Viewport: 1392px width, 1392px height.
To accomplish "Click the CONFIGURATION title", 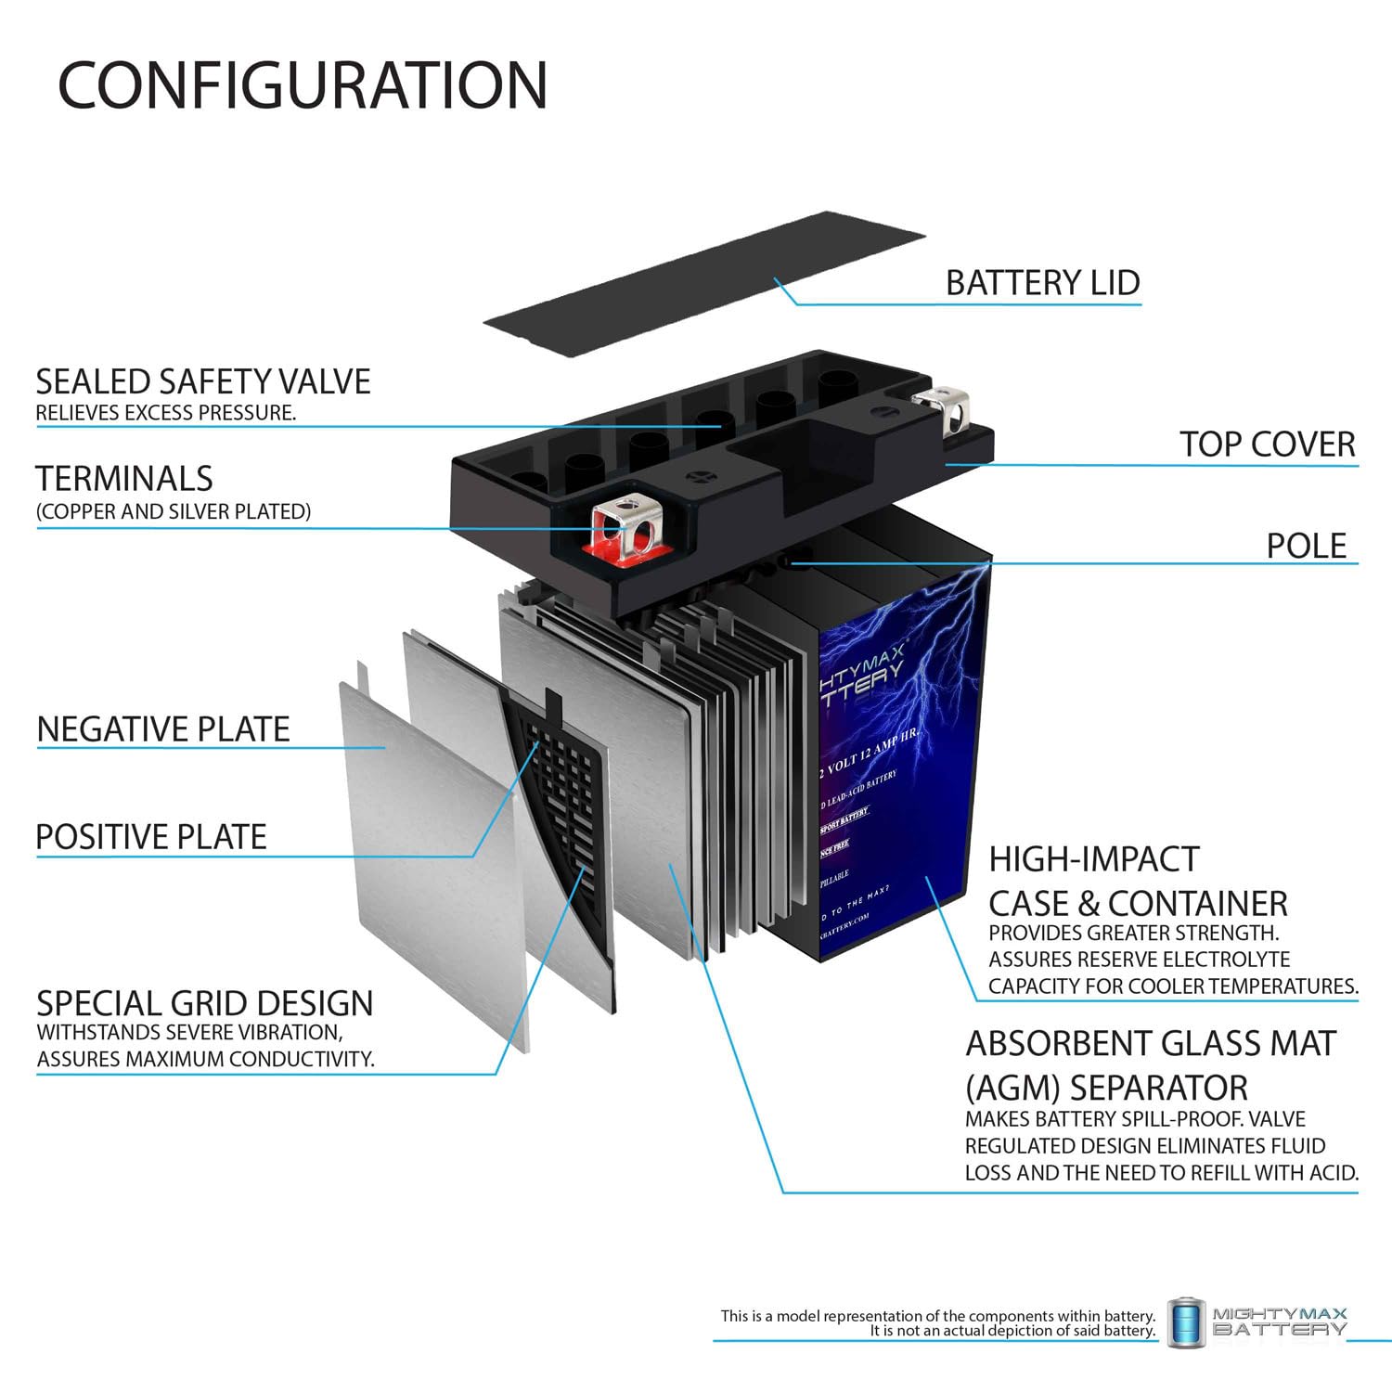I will tap(303, 84).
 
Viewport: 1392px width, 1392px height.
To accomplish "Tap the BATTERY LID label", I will tap(1042, 282).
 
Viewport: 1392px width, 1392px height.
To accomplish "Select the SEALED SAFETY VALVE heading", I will tap(203, 381).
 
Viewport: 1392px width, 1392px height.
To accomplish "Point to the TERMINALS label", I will tap(124, 478).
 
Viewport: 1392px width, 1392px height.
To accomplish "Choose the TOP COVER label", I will tap(1267, 444).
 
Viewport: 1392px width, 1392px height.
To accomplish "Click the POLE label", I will tap(1306, 545).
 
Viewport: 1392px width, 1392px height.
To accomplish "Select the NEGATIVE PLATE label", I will tap(163, 728).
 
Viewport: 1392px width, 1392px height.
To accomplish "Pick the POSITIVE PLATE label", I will tap(151, 836).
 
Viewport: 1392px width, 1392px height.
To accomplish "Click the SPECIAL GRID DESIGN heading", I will tap(204, 1003).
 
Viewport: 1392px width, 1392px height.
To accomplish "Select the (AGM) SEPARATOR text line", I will tap(1106, 1087).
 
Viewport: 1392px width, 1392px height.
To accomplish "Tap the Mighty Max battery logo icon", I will tap(1185, 1321).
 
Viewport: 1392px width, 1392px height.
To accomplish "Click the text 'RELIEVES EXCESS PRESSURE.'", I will tap(166, 413).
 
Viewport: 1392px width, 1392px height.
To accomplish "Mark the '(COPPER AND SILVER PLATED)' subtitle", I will tap(174, 511).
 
